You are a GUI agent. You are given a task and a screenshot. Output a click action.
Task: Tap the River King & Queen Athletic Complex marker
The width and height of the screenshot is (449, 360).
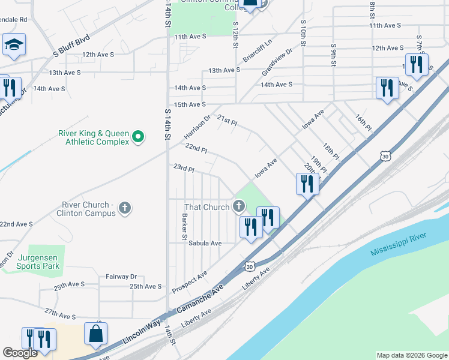pos(138,137)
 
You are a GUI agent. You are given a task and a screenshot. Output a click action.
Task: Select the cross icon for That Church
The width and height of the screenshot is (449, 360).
pos(239,208)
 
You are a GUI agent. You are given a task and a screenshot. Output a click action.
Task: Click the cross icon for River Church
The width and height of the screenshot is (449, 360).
pos(125,208)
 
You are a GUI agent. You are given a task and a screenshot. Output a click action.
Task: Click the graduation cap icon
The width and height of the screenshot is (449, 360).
pos(13,44)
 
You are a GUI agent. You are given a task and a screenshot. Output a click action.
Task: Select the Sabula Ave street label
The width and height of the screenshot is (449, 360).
pos(205,243)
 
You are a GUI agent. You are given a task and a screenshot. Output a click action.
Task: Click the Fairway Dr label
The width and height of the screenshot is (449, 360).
pos(121,277)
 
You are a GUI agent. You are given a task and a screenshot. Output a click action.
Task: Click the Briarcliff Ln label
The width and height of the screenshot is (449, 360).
pos(258,51)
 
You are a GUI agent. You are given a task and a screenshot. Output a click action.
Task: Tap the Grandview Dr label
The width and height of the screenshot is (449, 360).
pos(277,62)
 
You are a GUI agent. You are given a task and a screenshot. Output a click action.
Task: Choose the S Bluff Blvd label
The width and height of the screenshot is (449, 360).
pos(71,44)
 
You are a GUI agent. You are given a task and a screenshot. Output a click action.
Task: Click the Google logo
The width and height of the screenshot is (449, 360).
pos(20,353)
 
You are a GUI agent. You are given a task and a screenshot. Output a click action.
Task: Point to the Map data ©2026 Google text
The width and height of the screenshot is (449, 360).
pos(411,355)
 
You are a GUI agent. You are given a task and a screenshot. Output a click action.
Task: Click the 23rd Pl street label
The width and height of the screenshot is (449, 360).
pos(184,169)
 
